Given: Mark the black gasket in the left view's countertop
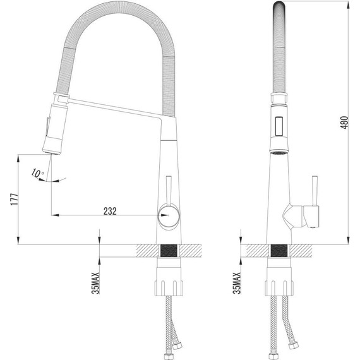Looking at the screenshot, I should pos(169,251).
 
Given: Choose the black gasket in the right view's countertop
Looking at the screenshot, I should pos(277,251).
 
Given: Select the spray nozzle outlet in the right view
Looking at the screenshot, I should pos(277,152).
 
